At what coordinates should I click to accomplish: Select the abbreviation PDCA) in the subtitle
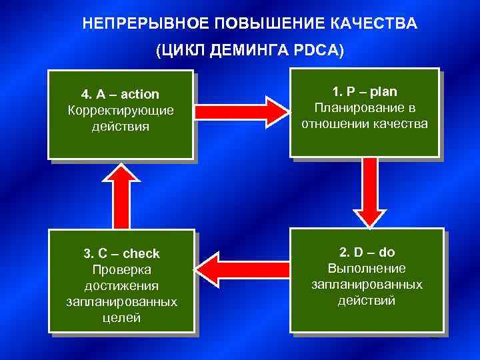coord(321,51)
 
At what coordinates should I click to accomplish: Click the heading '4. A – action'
coord(121,95)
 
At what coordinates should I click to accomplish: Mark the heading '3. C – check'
coord(121,253)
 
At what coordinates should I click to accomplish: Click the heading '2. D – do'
coord(367,252)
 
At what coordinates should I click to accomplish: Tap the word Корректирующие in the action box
coord(121,110)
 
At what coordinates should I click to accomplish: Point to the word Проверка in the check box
coord(121,269)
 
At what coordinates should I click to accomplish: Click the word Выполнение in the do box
coord(367,268)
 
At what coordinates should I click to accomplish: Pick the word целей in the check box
coord(121,317)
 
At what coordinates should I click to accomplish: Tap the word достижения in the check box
coord(121,285)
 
